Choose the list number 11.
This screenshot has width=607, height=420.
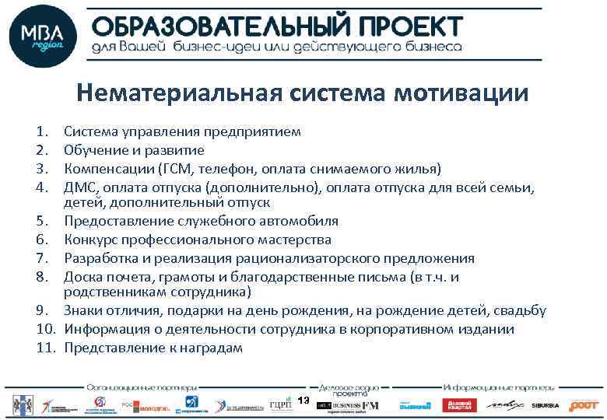pyautogui.click(x=43, y=348)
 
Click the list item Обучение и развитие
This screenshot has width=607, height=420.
pyautogui.click(x=134, y=150)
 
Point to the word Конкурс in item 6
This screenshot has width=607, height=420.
pyautogui.click(x=91, y=240)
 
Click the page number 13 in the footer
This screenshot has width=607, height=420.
pyautogui.click(x=303, y=400)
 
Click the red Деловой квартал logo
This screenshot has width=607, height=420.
pyautogui.click(x=459, y=405)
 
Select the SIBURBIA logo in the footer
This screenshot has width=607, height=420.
pyautogui.click(x=546, y=405)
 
